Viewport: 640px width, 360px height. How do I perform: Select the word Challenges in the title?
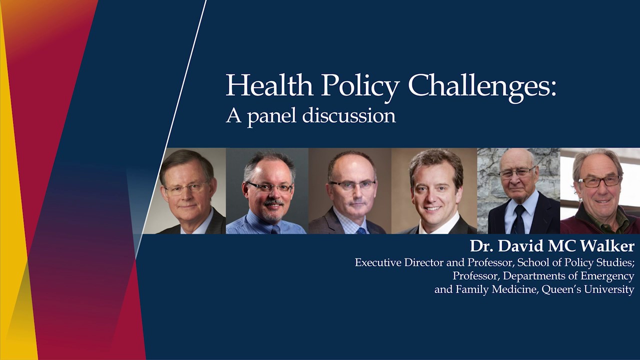pos(482,86)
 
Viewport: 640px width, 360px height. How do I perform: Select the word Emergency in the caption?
pos(605,276)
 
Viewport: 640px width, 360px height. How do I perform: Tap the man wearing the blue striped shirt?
pos(267,191)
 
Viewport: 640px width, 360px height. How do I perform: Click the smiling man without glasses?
pos(434,191)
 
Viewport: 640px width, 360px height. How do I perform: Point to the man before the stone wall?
pos(518,191)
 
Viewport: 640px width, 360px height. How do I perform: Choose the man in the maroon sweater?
pos(600,191)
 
